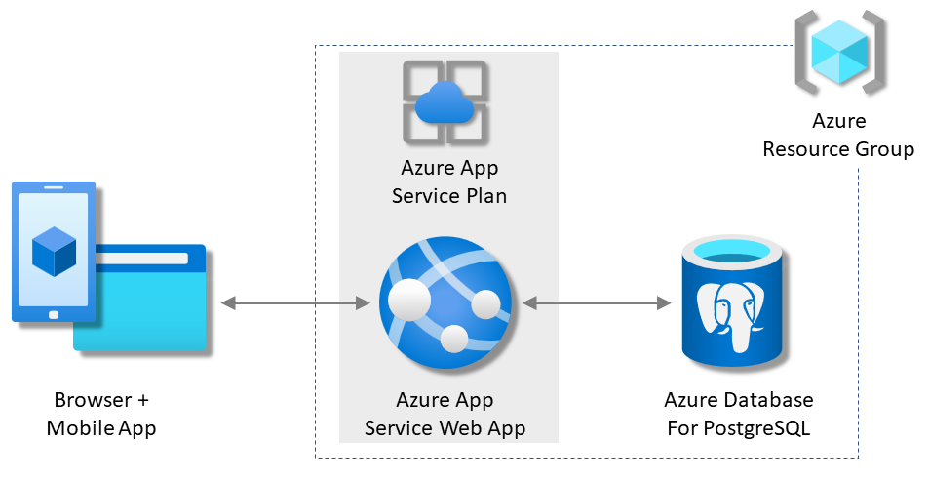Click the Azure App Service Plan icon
pos(446,101)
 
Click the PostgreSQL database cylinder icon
pos(732,301)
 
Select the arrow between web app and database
pos(597,304)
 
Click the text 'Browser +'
pos(101,400)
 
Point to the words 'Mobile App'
pos(101,427)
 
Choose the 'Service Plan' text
pos(448,195)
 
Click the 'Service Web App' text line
pos(445,427)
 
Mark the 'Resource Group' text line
pos(838,149)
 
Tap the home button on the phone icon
pos(53,314)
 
